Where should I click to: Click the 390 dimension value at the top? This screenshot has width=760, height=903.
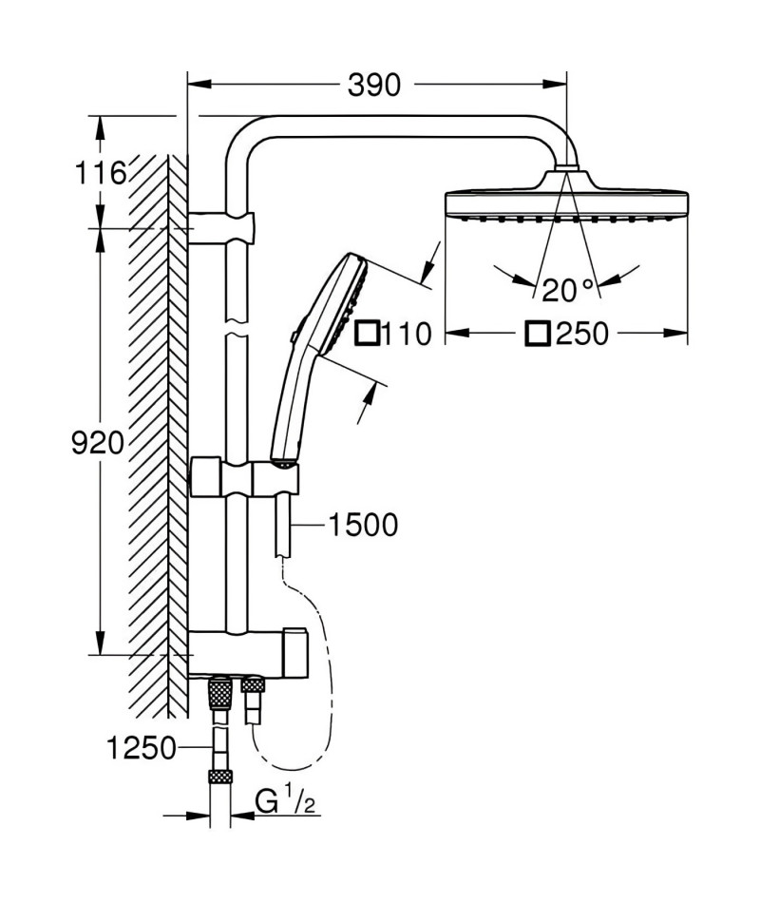[373, 86]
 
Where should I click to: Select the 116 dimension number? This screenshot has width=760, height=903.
[101, 173]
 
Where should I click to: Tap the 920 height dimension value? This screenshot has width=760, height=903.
[97, 443]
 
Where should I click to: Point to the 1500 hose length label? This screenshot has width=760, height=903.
[363, 526]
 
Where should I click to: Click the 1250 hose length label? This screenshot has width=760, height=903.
[141, 748]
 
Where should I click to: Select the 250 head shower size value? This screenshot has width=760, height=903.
[582, 334]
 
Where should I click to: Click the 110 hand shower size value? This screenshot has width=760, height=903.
[407, 334]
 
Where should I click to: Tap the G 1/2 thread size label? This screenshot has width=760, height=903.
[286, 802]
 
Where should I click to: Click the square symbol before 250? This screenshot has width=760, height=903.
[538, 334]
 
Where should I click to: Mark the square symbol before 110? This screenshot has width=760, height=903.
[368, 334]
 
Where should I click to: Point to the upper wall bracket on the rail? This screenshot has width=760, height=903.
[221, 228]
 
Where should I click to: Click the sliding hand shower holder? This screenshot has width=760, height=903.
[244, 476]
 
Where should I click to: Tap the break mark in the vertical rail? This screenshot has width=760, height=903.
[237, 327]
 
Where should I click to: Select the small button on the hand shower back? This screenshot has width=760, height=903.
[294, 336]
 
